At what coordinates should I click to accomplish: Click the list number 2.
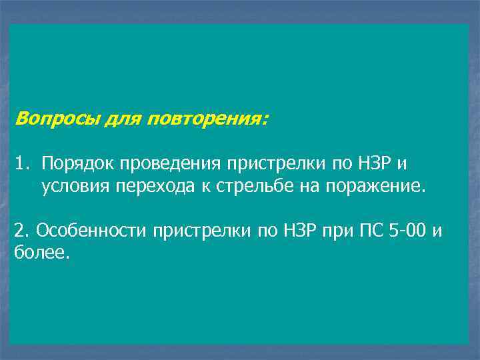coord(22,231)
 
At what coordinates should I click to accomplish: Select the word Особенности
coord(91,231)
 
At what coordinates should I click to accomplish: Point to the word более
coord(40,253)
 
